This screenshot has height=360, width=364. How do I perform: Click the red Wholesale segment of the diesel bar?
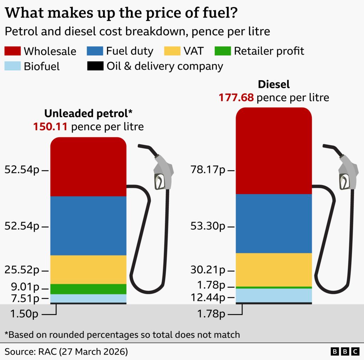tap(274, 151)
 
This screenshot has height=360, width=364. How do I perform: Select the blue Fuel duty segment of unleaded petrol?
tap(88, 226)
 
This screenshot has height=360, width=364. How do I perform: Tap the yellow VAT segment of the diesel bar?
tap(274, 269)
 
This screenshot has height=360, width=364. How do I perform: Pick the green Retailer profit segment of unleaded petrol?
tap(88, 289)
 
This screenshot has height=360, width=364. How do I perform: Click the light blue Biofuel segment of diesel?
tap(274, 295)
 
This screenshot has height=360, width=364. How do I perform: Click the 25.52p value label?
tap(22, 270)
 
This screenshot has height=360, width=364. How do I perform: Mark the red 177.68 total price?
tap(236, 97)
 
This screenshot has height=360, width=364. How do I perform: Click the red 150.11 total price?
tap(50, 127)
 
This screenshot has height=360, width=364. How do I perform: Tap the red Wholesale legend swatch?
tap(12, 51)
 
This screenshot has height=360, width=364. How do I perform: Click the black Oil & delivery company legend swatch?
tap(95, 66)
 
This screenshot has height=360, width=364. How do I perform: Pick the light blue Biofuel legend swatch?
tap(12, 66)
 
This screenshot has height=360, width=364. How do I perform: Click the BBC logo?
tap(345, 352)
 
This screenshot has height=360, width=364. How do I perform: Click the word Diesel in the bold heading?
tap(274, 84)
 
